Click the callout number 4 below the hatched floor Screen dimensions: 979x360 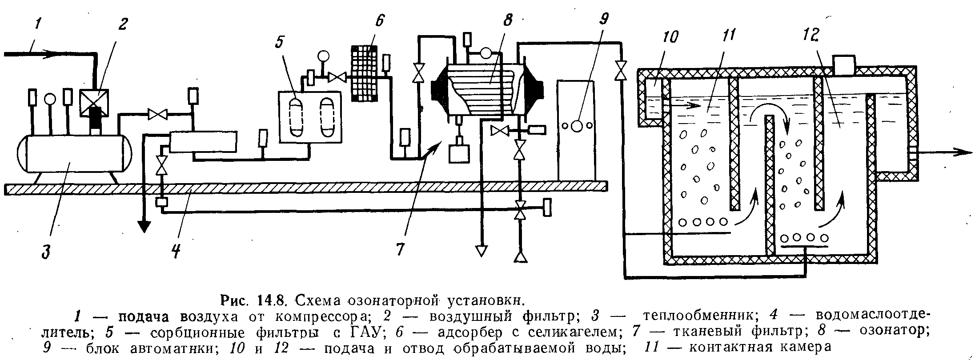176,251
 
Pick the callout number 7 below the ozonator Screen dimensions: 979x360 400,249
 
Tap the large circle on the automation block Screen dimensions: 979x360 577,126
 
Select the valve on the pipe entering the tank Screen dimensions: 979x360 620,70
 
